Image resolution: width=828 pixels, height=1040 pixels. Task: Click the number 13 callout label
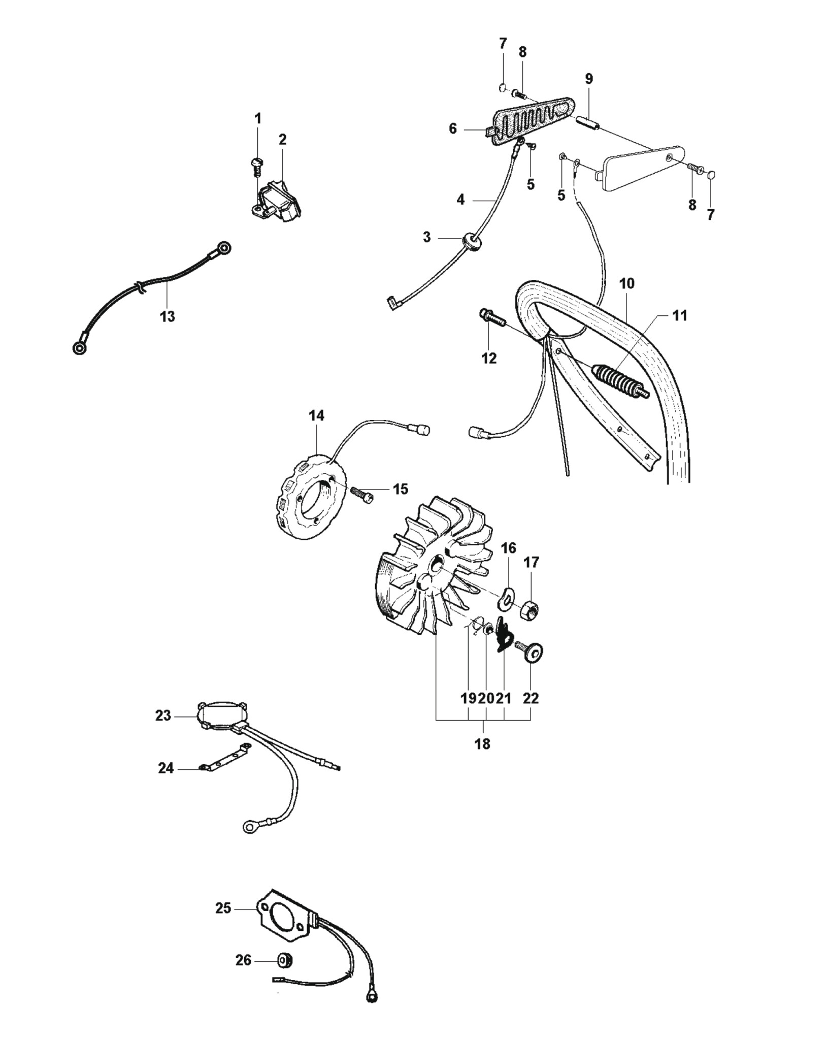pyautogui.click(x=168, y=316)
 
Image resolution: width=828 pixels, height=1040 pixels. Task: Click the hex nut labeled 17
pyautogui.click(x=530, y=608)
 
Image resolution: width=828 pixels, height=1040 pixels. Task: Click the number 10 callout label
pyautogui.click(x=627, y=283)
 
